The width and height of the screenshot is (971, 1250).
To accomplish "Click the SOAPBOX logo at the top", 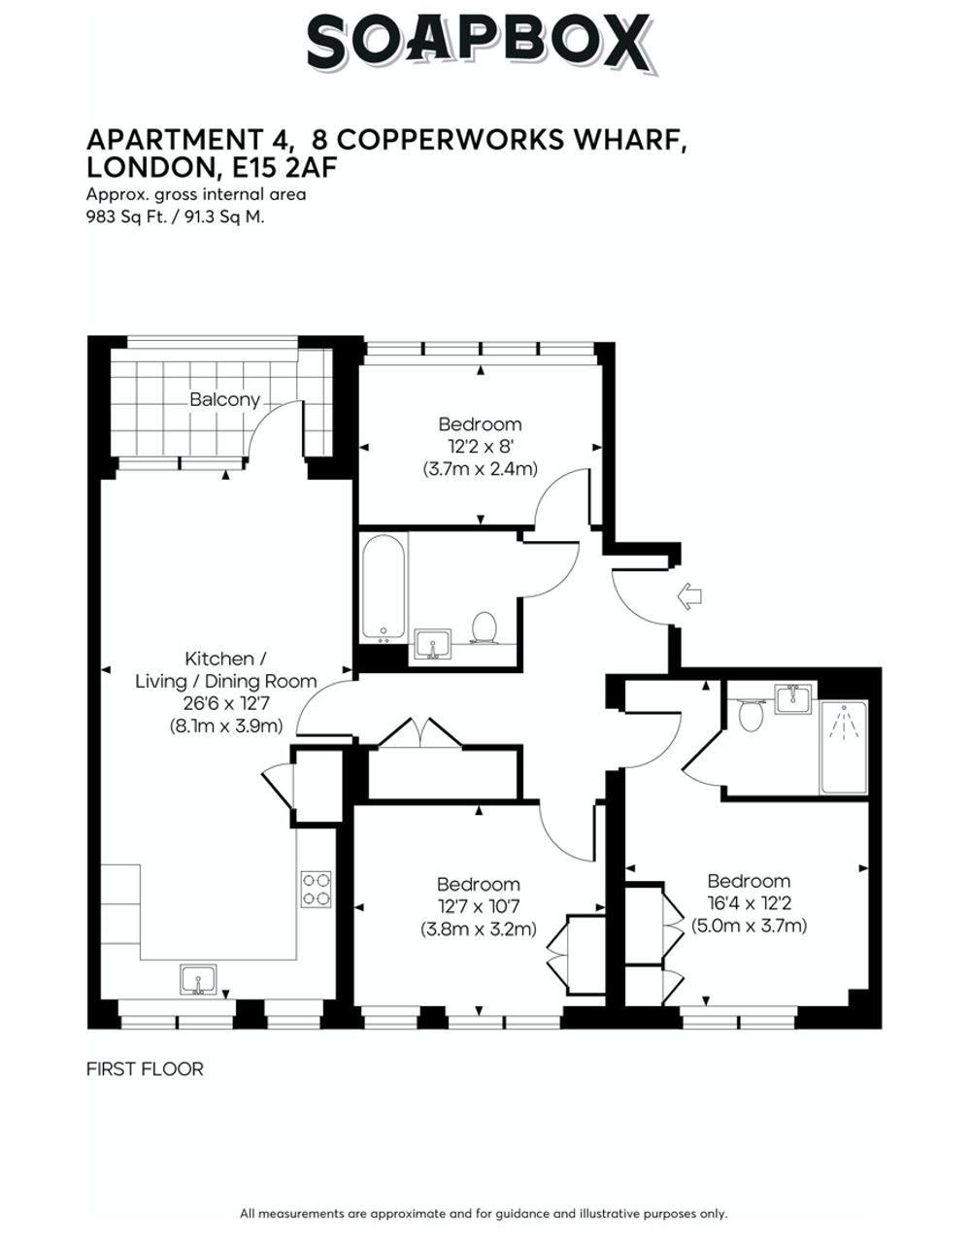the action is pyautogui.click(x=482, y=43).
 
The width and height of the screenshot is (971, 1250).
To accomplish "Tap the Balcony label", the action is pyautogui.click(x=224, y=399).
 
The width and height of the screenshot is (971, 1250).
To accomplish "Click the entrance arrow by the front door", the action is pyautogui.click(x=689, y=596).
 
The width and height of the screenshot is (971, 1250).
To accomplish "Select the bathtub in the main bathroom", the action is pyautogui.click(x=384, y=588).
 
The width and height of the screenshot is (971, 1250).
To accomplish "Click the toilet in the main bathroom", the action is pyautogui.click(x=485, y=627).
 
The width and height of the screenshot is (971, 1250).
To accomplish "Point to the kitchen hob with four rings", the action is pyautogui.click(x=317, y=890).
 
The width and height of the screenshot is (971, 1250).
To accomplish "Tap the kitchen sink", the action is pyautogui.click(x=198, y=979).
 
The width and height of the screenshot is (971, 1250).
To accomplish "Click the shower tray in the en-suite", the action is pyautogui.click(x=844, y=747).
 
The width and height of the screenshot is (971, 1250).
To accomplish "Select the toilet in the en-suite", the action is pyautogui.click(x=751, y=714).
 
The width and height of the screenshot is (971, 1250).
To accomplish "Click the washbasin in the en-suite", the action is pyautogui.click(x=793, y=698).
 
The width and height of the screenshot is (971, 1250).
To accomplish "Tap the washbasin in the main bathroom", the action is pyautogui.click(x=433, y=644).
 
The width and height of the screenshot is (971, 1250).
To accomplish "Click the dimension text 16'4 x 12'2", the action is pyautogui.click(x=749, y=903).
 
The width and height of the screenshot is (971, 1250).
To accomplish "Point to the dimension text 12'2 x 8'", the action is pyautogui.click(x=480, y=447).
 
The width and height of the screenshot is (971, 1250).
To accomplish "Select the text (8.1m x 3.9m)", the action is pyautogui.click(x=226, y=726).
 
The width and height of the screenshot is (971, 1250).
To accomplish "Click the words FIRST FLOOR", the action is pyautogui.click(x=145, y=1069).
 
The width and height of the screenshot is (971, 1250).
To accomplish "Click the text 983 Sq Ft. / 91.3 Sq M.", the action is pyautogui.click(x=176, y=217).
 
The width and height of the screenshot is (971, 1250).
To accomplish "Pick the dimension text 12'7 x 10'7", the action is pyautogui.click(x=479, y=906).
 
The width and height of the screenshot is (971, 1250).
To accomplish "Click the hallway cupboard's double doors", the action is pyautogui.click(x=420, y=733).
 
